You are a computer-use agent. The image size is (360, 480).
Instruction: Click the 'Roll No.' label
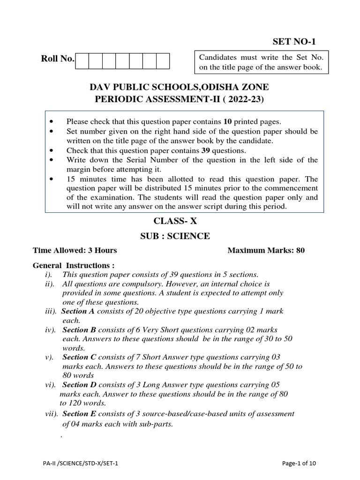click(x=58, y=59)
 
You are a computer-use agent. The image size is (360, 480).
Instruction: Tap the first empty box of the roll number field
click(x=82, y=61)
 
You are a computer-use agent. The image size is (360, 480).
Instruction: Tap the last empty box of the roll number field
click(x=163, y=61)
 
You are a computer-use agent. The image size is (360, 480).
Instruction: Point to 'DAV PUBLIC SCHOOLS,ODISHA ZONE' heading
click(x=179, y=87)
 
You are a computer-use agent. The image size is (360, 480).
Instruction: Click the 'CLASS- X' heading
click(x=176, y=221)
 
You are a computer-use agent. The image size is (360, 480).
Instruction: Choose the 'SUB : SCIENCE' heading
click(x=175, y=236)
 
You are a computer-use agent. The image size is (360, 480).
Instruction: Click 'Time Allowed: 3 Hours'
click(x=75, y=250)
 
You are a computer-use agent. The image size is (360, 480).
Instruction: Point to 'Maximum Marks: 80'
click(x=266, y=250)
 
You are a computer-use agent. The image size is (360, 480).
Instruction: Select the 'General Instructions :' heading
click(x=74, y=265)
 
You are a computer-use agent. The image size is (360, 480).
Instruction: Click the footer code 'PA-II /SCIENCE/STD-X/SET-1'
click(x=80, y=463)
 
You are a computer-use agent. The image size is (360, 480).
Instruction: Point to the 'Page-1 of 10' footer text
click(x=299, y=463)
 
